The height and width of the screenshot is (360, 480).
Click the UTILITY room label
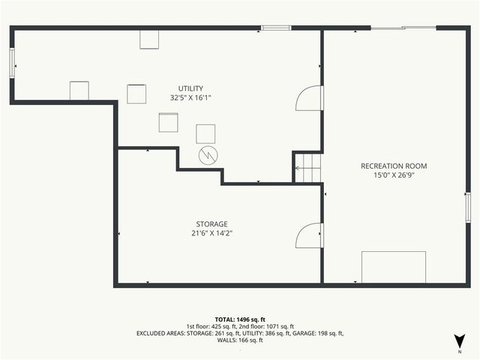(x=190, y=88)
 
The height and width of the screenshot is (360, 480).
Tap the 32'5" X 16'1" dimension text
(x=190, y=97)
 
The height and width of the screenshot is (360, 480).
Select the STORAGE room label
(x=211, y=223)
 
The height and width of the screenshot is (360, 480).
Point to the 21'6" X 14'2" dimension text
(x=211, y=232)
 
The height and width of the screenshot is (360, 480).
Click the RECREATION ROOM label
(x=394, y=166)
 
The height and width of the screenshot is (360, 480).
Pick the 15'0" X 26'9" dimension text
(x=394, y=175)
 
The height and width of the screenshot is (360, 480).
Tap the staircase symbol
(x=307, y=168)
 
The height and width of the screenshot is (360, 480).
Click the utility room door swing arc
(x=309, y=98)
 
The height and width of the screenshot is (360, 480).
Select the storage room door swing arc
(x=309, y=235)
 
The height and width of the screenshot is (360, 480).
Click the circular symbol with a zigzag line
(x=208, y=155)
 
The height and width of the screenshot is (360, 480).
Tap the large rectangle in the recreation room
(x=394, y=267)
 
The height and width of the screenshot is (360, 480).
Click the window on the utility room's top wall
(x=276, y=28)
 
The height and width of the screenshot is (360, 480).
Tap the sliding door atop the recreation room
(x=403, y=28)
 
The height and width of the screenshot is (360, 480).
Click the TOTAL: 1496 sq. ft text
(x=240, y=319)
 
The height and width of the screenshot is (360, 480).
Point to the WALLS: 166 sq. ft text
(x=240, y=340)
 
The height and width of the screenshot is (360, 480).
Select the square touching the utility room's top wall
(x=149, y=39)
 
